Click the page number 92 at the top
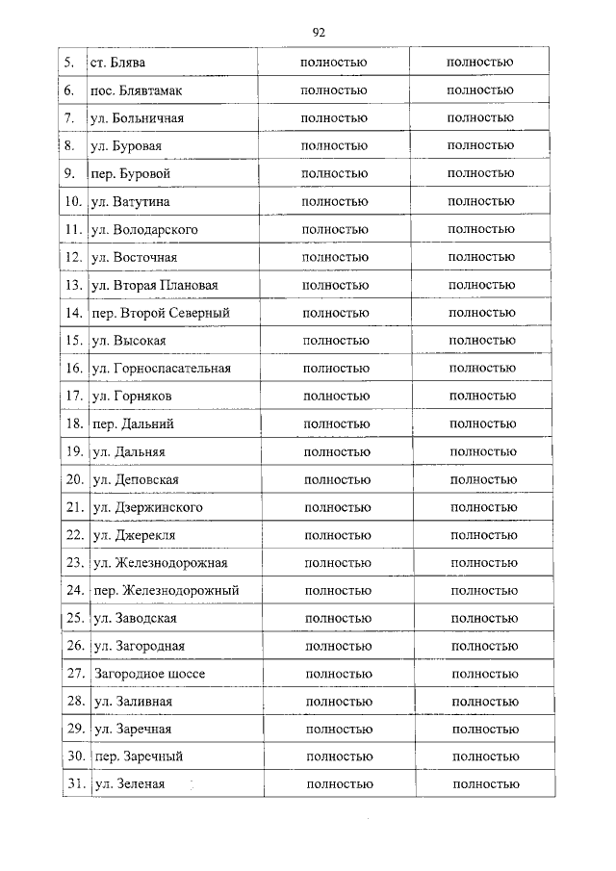(x=319, y=32)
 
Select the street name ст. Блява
(x=117, y=64)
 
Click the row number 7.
(x=69, y=118)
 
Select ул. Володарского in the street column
(x=144, y=230)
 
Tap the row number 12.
(x=72, y=258)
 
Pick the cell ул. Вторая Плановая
(x=154, y=286)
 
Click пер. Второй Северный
(x=161, y=314)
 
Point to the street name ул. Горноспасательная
(x=162, y=369)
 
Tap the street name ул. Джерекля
(x=134, y=535)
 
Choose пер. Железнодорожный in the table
(x=167, y=591)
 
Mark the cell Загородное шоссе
(x=150, y=674)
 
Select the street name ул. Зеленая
(x=130, y=784)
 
